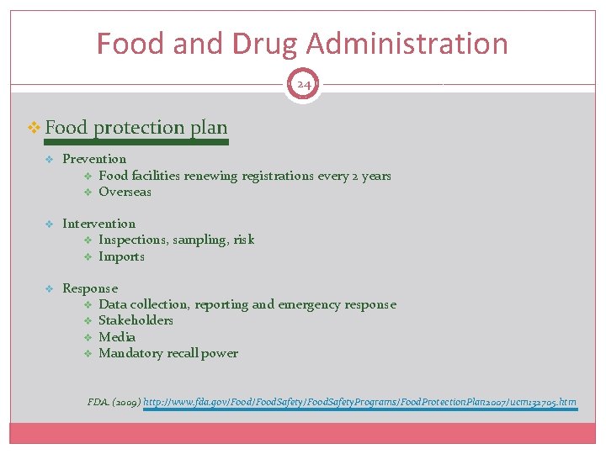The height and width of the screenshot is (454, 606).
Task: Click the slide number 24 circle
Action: (x=302, y=85)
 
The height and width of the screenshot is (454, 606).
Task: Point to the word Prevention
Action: (x=94, y=159)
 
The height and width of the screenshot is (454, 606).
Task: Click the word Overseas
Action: (x=125, y=192)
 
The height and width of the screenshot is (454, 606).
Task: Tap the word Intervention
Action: (x=98, y=224)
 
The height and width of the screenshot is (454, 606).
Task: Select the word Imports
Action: (x=121, y=256)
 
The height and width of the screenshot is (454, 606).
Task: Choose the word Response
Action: (x=90, y=288)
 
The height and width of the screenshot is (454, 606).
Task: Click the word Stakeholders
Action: (x=136, y=320)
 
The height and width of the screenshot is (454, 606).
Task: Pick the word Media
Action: (x=117, y=337)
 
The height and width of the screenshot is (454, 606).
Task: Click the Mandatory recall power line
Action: (x=168, y=353)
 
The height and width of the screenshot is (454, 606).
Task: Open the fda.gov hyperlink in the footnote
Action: (x=359, y=402)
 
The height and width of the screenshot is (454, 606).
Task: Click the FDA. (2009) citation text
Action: (x=114, y=402)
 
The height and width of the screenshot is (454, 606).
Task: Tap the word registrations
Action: (x=278, y=176)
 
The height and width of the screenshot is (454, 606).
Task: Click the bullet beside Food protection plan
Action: (x=35, y=128)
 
